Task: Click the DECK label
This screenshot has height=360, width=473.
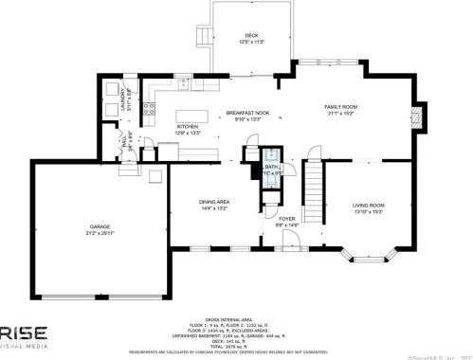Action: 250,34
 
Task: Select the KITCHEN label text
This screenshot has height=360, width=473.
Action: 187,126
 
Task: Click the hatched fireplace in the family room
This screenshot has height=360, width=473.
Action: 422,118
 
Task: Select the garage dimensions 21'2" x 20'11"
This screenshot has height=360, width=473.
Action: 100,233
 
